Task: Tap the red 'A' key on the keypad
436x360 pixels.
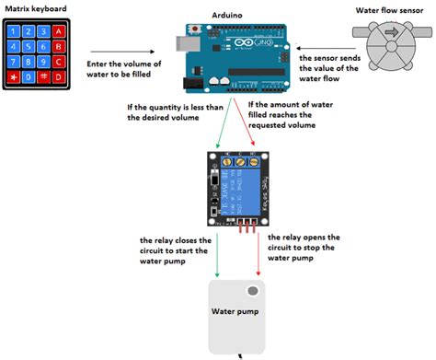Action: pyautogui.click(x=59, y=32)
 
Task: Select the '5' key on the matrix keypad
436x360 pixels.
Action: pyautogui.click(x=30, y=47)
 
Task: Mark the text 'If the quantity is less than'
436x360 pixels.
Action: pyautogui.click(x=174, y=109)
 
